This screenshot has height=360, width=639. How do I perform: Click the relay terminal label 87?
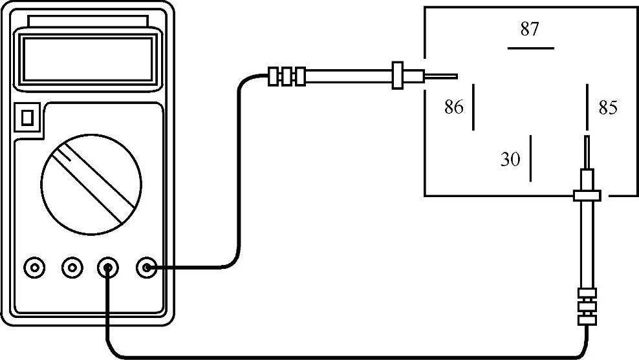[530, 29]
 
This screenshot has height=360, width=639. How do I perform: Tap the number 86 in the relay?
[454, 107]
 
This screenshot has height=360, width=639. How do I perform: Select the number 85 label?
[608, 108]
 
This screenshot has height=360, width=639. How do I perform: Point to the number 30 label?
[510, 159]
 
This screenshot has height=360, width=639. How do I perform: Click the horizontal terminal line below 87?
[530, 48]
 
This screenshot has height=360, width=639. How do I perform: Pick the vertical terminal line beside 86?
[473, 107]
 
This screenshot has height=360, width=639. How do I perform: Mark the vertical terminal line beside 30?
[530, 158]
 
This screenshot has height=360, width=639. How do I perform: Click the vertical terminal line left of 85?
[587, 107]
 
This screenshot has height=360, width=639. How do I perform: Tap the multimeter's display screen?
[89, 59]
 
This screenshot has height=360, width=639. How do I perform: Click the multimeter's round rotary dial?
[91, 180]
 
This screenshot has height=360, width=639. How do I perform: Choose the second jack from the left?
[71, 266]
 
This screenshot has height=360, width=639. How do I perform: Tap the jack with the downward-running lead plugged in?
[108, 266]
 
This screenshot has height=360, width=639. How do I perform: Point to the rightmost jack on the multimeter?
[147, 266]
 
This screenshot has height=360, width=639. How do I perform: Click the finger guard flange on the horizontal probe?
[397, 76]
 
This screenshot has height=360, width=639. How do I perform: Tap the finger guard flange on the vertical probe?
[587, 195]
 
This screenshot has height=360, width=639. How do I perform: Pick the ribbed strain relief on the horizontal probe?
[287, 76]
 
